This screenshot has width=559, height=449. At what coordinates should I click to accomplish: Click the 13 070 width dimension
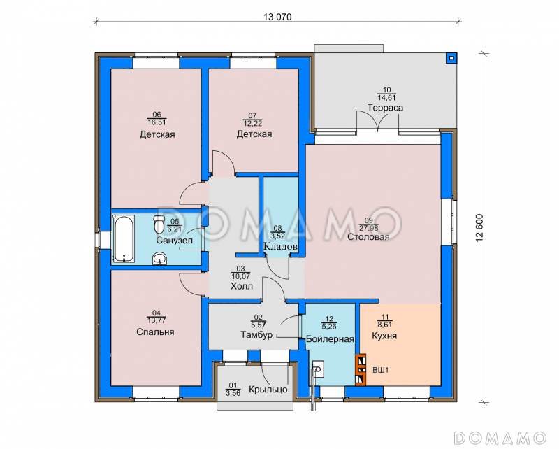pyautogui.click(x=277, y=17)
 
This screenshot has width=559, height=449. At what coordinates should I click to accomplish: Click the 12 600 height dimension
pyautogui.click(x=479, y=228)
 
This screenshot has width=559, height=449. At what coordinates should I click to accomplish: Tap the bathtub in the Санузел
pyautogui.click(x=124, y=238)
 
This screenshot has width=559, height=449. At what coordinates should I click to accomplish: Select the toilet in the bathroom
pyautogui.click(x=159, y=224)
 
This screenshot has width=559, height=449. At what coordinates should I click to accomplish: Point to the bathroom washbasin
pyautogui.click(x=159, y=259)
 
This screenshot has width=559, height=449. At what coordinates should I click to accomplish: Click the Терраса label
pyautogui.click(x=386, y=108)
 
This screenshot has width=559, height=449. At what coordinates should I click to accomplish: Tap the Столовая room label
pyautogui.click(x=368, y=237)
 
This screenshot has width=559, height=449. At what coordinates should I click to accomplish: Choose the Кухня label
pyautogui.click(x=384, y=336)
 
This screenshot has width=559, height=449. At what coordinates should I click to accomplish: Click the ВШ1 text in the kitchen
pyautogui.click(x=380, y=370)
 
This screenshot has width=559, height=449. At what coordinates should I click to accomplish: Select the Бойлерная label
pyautogui.click(x=330, y=339)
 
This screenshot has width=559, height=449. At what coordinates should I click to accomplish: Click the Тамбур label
pyautogui.click(x=256, y=335)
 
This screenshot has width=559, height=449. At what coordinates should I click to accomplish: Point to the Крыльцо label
pyautogui.click(x=268, y=389)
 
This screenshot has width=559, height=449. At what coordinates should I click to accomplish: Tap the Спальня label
pyautogui.click(x=155, y=332)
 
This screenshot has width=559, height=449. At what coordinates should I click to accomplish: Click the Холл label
pyautogui.click(x=242, y=286)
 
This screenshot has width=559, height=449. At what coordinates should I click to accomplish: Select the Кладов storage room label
pyautogui.click(x=281, y=246)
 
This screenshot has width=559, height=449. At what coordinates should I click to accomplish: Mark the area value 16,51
pyautogui.click(x=157, y=122)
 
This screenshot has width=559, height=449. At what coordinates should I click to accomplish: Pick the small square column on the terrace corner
pyautogui.click(x=451, y=58)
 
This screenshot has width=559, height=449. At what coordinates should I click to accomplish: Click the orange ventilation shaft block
pyautogui.click(x=361, y=370)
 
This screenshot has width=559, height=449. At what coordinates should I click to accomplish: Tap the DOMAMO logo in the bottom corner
pyautogui.click(x=500, y=438)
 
